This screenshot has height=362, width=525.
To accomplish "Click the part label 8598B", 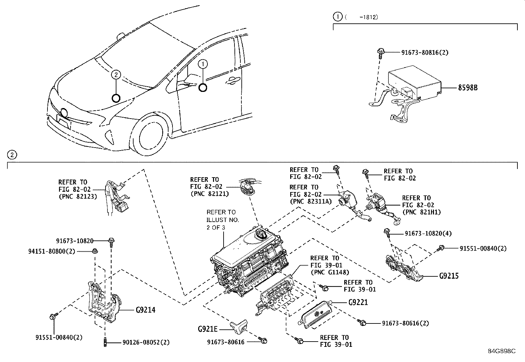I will (x=468, y=88).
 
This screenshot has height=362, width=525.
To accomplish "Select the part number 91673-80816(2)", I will (x=425, y=52).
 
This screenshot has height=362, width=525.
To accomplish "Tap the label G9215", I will (x=449, y=276).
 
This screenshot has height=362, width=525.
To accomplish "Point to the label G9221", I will (x=358, y=302).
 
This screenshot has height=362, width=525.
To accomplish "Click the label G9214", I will (x=145, y=310).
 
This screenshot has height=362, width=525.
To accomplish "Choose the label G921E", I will (x=208, y=329).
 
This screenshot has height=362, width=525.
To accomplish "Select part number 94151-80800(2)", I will (x=51, y=251).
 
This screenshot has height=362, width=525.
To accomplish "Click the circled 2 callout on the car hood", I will (x=116, y=75).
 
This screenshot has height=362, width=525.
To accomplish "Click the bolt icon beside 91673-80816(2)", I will (x=380, y=53).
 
